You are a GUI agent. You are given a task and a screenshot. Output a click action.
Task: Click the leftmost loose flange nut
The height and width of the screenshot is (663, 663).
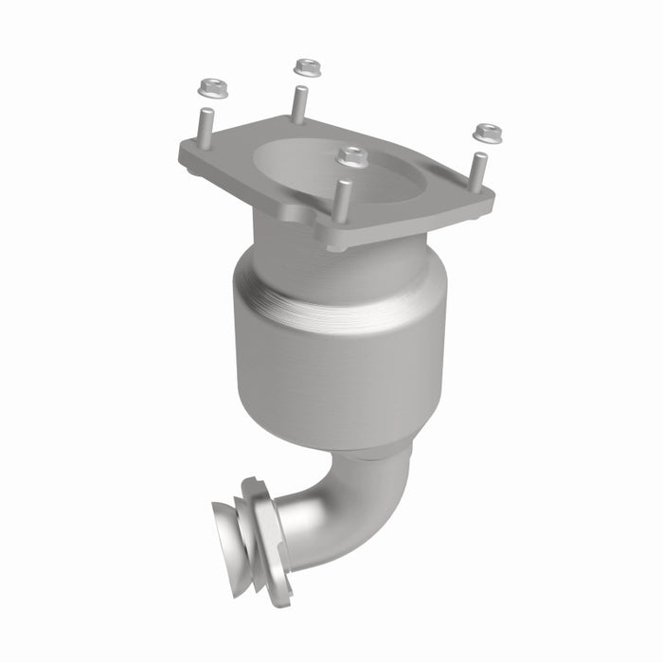(209, 89)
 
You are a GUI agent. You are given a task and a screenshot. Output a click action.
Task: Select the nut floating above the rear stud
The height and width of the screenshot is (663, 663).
(304, 67)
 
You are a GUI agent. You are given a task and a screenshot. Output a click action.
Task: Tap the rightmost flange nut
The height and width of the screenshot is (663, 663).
(488, 132)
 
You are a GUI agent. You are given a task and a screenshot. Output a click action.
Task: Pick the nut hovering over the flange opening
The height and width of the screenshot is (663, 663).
(352, 156)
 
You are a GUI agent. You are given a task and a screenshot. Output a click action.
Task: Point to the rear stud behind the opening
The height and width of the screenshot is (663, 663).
(299, 101)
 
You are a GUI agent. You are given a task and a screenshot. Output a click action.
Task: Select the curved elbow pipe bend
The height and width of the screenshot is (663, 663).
(350, 511)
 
